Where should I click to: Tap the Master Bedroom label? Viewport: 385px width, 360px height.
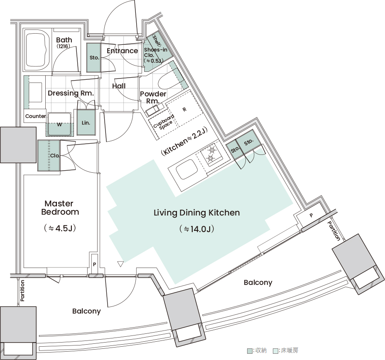pyautogui.click(x=60, y=208)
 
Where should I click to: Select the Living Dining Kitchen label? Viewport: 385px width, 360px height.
pyautogui.click(x=197, y=213)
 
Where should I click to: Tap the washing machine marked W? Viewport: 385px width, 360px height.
pyautogui.click(x=60, y=124)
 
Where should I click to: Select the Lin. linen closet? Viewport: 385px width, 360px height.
pyautogui.click(x=86, y=122)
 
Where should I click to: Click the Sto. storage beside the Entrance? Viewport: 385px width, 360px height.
pyautogui.click(x=93, y=58)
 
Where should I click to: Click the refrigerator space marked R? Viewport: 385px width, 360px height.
pyautogui.click(x=184, y=109)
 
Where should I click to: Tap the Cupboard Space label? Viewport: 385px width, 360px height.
pyautogui.click(x=164, y=122)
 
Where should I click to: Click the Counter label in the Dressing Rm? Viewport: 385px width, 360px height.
pyautogui.click(x=36, y=116)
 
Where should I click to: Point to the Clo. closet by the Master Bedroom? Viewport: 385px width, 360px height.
pyautogui.click(x=49, y=156)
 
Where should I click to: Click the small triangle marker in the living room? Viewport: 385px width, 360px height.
pyautogui.click(x=120, y=264)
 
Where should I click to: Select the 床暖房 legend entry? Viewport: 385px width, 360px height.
pyautogui.click(x=286, y=350)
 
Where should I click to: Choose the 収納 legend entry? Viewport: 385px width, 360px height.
pyautogui.click(x=257, y=350)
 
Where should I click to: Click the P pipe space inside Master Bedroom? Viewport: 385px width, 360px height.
pyautogui.click(x=95, y=264)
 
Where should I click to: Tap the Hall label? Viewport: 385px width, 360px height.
pyautogui.click(x=119, y=86)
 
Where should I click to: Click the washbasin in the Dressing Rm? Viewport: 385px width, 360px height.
pyautogui.click(x=35, y=92)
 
